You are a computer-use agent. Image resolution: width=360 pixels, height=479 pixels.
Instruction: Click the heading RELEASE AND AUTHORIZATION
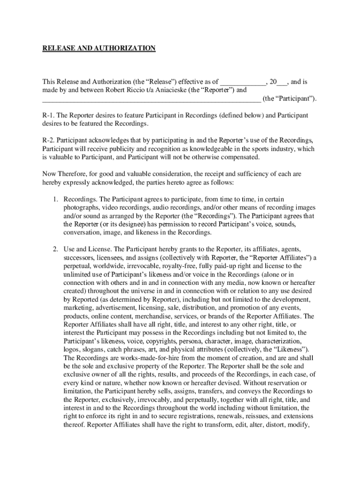[99, 48]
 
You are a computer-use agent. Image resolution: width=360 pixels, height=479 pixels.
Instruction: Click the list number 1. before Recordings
[55, 199]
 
